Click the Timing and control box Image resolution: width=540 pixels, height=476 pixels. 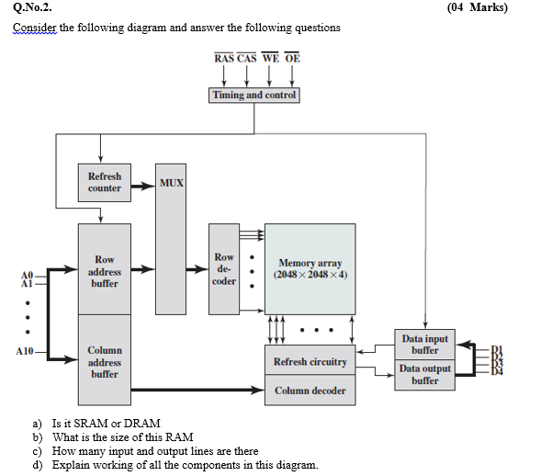coord(254,96)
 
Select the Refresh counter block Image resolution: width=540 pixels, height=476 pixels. coord(104,182)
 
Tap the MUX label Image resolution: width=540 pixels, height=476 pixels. coord(171,183)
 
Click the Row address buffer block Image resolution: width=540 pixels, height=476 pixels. coord(104,271)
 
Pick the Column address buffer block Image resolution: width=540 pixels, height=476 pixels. coord(104,361)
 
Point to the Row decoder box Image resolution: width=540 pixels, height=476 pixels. coord(223,269)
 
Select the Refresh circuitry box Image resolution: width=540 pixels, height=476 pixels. coord(309,361)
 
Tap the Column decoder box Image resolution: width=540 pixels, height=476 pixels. coord(309,391)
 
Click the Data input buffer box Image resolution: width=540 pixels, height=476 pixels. coord(424,345)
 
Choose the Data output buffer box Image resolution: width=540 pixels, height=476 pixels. coord(424,374)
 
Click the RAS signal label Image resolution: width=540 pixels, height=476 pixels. coord(223,58)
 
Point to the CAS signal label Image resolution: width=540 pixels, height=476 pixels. coord(246,58)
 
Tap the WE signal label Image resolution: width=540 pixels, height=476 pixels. coord(270,58)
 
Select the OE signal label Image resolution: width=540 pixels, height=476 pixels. coord(292,58)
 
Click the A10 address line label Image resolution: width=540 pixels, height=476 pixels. coord(25,352)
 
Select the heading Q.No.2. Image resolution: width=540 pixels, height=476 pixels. coord(31,8)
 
